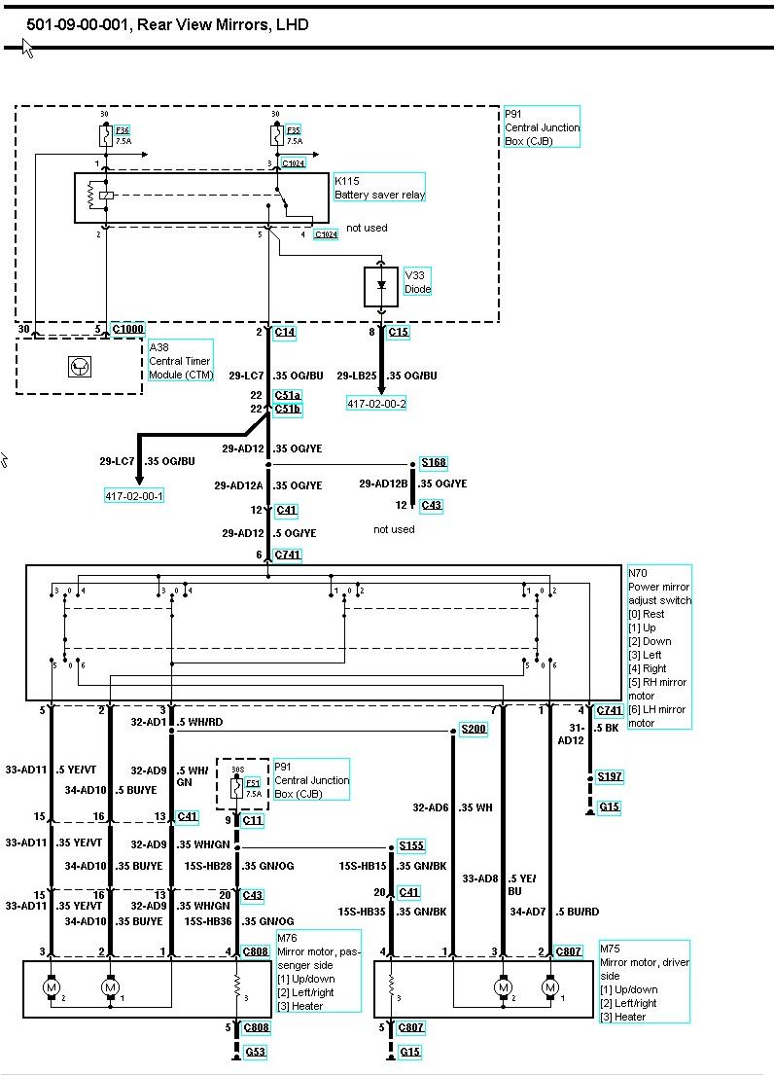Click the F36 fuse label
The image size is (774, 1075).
122,130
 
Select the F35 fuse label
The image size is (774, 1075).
293,130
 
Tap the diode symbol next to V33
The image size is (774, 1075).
381,285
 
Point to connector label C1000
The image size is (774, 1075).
127,329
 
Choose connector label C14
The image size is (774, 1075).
285,332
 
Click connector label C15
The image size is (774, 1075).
399,332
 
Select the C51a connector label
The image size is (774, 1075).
288,395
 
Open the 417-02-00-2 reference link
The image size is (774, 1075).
376,403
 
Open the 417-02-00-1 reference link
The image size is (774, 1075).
134,495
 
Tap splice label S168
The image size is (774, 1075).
434,463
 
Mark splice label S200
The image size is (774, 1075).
474,729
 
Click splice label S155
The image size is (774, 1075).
410,846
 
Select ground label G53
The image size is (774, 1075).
256,1052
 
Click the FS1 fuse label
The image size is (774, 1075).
252,782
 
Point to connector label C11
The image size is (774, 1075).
253,820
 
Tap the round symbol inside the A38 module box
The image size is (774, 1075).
78,366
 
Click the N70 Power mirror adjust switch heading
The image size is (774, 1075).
659,587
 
